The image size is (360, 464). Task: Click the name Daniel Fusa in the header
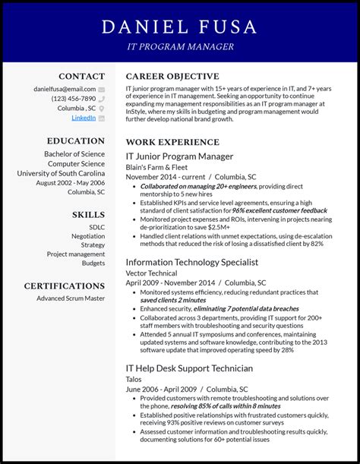(180, 28)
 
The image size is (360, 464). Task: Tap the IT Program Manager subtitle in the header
(180, 47)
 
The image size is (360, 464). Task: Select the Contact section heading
(81, 77)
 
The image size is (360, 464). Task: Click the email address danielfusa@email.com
(65, 89)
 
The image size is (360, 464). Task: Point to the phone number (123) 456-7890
(74, 99)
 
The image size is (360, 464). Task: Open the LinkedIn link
(84, 118)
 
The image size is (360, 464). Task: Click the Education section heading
(76, 141)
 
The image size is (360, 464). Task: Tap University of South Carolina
(61, 173)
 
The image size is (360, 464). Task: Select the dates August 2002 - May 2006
(70, 183)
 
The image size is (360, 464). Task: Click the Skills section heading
(88, 215)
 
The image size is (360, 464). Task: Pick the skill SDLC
(96, 227)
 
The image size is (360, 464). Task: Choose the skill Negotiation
(88, 236)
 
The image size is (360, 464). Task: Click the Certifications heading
(65, 286)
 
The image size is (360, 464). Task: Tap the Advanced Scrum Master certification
(71, 298)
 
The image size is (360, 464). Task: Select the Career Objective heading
(172, 77)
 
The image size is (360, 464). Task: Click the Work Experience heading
(172, 142)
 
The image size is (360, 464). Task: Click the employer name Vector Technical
(151, 273)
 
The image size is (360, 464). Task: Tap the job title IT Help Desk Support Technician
(189, 368)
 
